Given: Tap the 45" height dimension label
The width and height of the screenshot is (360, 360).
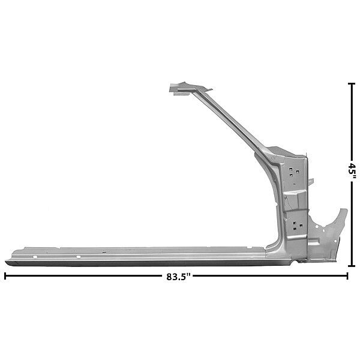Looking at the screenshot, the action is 352,170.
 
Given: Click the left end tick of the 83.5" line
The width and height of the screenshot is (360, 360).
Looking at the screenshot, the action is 5,276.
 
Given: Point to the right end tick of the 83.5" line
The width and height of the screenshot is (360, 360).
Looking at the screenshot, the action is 347,276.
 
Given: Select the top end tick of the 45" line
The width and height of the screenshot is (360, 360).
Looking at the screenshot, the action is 352,84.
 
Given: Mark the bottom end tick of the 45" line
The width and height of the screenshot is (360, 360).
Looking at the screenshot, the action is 352,266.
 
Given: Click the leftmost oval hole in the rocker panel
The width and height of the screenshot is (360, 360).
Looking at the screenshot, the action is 35,257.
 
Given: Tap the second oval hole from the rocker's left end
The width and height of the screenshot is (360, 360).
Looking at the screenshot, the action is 78,257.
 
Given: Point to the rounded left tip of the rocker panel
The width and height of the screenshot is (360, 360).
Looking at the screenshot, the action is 6,262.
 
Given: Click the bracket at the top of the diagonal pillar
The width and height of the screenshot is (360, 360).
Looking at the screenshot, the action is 188,88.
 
